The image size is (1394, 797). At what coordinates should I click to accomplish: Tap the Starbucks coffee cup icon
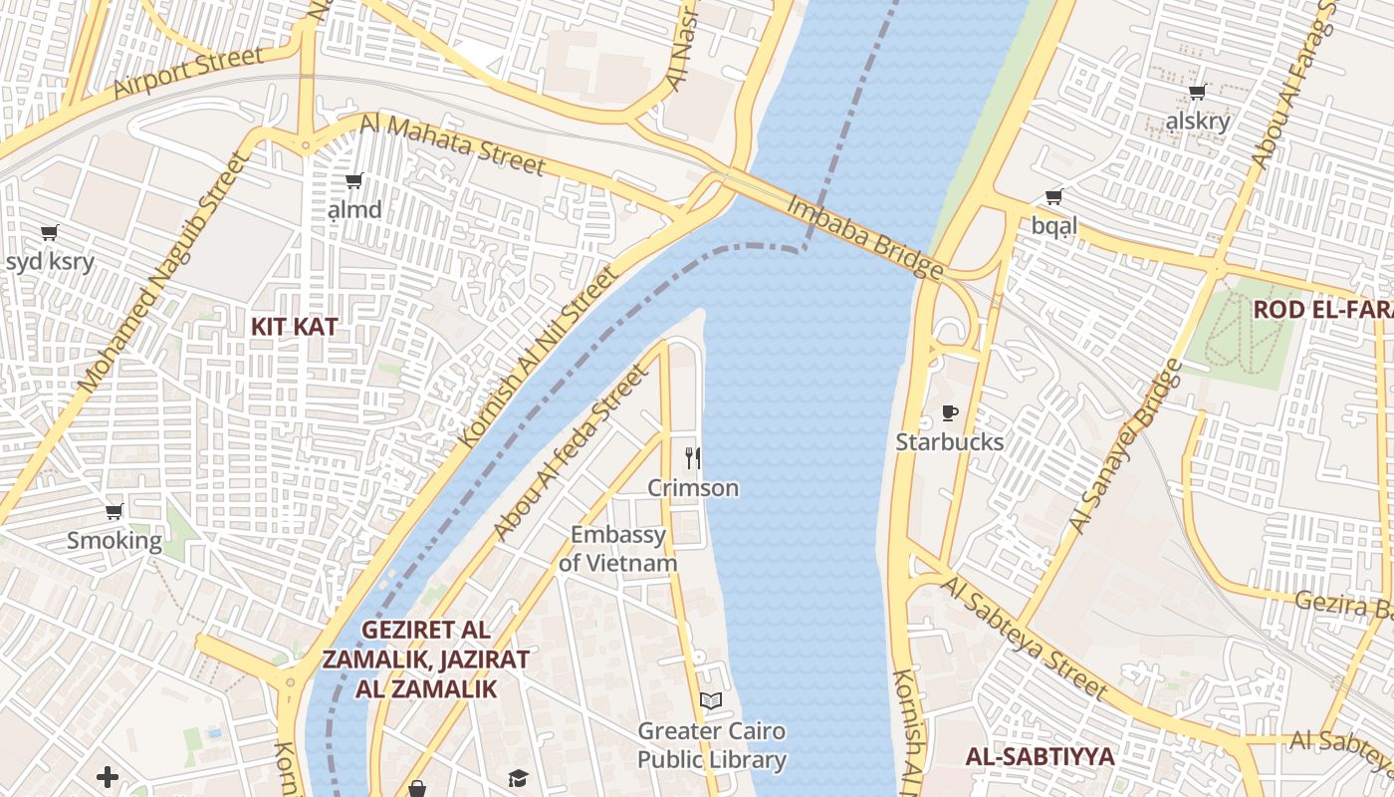pyautogui.click(x=950, y=412)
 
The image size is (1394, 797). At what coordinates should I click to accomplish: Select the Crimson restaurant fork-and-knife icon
pyautogui.click(x=693, y=458)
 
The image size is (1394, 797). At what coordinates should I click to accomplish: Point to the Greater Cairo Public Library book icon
pyautogui.click(x=711, y=701)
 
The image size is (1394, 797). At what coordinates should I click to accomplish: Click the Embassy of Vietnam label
pyautogui.click(x=617, y=549)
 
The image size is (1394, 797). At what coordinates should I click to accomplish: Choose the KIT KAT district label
pyautogui.click(x=294, y=327)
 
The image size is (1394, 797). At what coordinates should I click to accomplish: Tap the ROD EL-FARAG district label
pyautogui.click(x=1322, y=309)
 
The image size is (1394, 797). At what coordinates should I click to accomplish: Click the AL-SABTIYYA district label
pyautogui.click(x=1040, y=756)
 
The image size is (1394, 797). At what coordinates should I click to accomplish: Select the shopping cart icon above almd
pyautogui.click(x=353, y=181)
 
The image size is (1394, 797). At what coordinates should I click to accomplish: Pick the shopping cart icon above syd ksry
pyautogui.click(x=49, y=233)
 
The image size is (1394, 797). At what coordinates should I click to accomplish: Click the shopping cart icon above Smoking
pyautogui.click(x=114, y=512)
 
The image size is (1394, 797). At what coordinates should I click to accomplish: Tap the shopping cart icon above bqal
pyautogui.click(x=1054, y=197)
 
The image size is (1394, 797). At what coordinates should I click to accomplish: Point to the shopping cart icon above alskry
pyautogui.click(x=1198, y=93)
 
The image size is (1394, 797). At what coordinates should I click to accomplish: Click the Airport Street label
pyautogui.click(x=188, y=75)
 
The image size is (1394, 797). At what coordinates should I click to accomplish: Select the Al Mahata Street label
pyautogui.click(x=453, y=145)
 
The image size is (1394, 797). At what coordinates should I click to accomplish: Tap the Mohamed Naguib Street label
pyautogui.click(x=161, y=271)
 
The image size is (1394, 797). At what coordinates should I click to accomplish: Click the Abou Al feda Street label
pyautogui.click(x=571, y=454)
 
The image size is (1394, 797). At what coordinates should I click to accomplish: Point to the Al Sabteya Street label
pyautogui.click(x=1023, y=638)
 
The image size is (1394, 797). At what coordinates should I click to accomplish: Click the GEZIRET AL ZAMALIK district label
pyautogui.click(x=425, y=659)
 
